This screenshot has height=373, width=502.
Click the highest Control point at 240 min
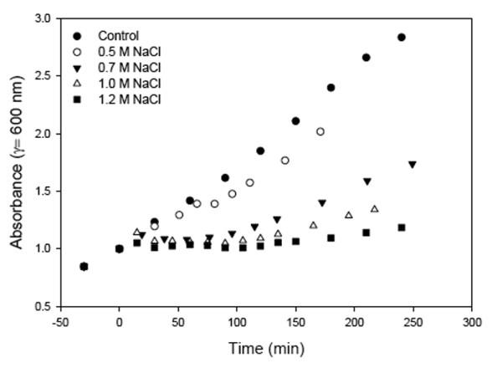click(402, 38)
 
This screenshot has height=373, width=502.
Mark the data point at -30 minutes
click(84, 267)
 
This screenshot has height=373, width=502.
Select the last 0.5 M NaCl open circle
click(320, 131)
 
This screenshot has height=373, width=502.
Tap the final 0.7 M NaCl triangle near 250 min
click(412, 165)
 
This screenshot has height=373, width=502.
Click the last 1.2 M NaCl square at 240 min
click(402, 227)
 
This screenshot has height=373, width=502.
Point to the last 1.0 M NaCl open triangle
click(375, 208)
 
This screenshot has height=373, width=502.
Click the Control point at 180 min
click(330, 87)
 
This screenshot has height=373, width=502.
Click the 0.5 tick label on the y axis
click(43, 306)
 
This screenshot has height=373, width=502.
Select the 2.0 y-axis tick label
click(43, 134)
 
